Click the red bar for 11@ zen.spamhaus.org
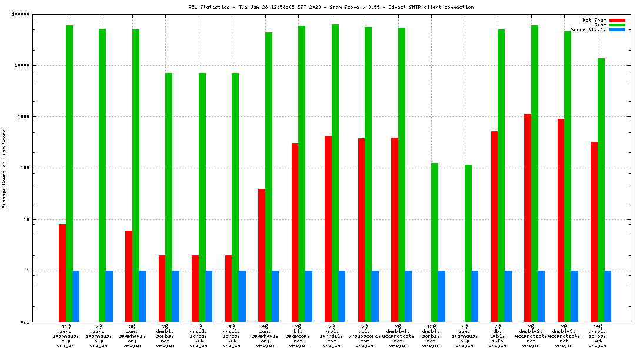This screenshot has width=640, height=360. point(62,273)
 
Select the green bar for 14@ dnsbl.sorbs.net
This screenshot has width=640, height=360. point(601,190)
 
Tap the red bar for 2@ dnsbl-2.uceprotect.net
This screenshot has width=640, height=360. point(528,218)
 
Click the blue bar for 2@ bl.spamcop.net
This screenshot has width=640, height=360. point(309,296)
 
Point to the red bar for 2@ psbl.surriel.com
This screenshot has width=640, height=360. point(328,229)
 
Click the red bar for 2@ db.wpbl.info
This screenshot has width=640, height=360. point(495,226)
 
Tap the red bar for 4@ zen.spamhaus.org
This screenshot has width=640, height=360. point(262,255)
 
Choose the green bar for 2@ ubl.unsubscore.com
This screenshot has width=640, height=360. point(368,174)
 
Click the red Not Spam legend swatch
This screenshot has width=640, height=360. point(617,20)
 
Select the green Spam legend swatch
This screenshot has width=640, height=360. point(617,25)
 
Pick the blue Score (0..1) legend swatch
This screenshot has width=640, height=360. point(617,29)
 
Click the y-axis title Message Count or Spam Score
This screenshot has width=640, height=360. point(4,169)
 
